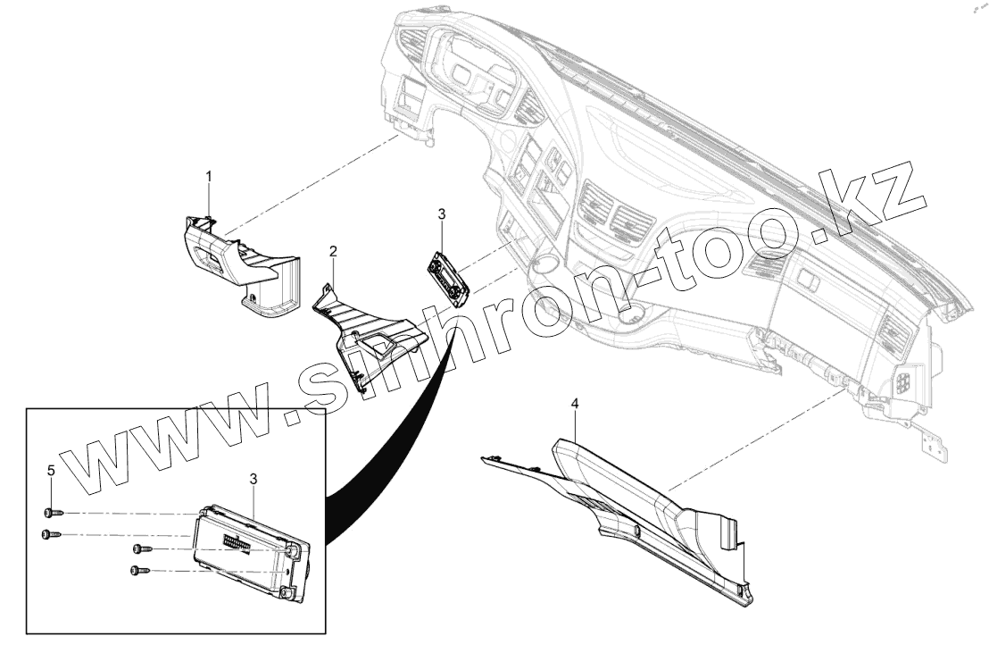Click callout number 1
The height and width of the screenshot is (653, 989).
pos(209,177)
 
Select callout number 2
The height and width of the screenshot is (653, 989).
pos(333,252)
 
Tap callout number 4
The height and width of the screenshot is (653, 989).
pos(575,405)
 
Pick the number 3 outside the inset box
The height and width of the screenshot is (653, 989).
pos(441,214)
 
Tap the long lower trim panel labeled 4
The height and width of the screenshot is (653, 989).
pos(625,500)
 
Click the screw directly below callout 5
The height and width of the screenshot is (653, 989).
pos(50,514)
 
